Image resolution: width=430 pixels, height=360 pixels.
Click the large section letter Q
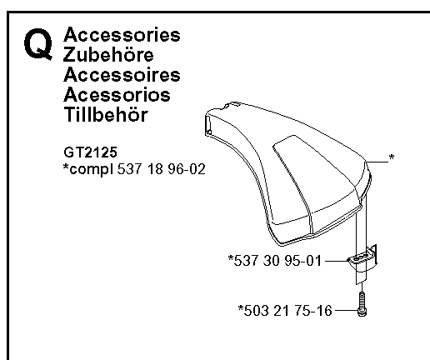tap(38, 44)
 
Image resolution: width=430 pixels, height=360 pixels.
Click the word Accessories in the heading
tap(122, 35)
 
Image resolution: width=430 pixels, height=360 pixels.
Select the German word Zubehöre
tap(108, 54)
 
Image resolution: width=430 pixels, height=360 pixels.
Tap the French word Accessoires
tap(122, 75)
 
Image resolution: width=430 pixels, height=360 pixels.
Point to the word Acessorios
tap(117, 95)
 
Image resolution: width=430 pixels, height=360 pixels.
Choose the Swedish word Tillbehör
tap(106, 114)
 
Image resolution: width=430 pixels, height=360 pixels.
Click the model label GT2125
tap(91, 152)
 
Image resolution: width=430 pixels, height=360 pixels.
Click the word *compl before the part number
tap(88, 169)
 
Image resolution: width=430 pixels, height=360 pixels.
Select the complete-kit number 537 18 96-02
tap(161, 169)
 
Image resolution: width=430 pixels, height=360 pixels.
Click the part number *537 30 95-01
tap(275, 261)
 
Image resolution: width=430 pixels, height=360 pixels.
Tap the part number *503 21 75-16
tap(285, 310)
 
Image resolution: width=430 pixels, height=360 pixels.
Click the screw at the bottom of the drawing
tap(362, 304)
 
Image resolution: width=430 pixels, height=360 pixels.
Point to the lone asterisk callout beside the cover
tap(392, 157)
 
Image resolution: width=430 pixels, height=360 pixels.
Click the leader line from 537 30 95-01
tap(336, 261)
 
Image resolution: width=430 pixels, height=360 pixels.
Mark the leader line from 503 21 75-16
tap(347, 310)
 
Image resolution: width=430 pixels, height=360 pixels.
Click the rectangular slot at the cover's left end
tap(208, 126)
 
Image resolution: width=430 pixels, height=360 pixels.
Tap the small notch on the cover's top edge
tap(232, 104)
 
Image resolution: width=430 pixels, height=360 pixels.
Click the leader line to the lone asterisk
tap(377, 162)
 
